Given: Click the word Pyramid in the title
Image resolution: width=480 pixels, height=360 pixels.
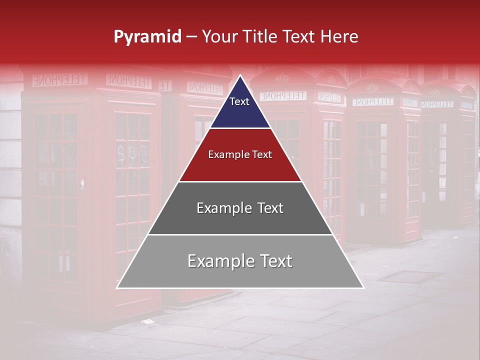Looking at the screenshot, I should pyautogui.click(x=147, y=37).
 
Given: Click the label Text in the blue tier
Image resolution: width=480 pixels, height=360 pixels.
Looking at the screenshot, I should pyautogui.click(x=239, y=101).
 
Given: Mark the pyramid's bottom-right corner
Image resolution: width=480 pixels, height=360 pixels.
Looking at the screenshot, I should pyautogui.click(x=363, y=288).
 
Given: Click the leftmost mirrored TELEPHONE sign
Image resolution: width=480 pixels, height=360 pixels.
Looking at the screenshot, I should pyautogui.click(x=60, y=79).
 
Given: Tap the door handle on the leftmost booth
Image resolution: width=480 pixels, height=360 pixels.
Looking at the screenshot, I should pyautogui.click(x=82, y=185).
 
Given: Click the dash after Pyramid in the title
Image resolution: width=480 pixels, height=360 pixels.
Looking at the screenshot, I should pyautogui.click(x=191, y=37).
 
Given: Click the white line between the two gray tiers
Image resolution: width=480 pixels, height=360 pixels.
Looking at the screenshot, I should pyautogui.click(x=240, y=234).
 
